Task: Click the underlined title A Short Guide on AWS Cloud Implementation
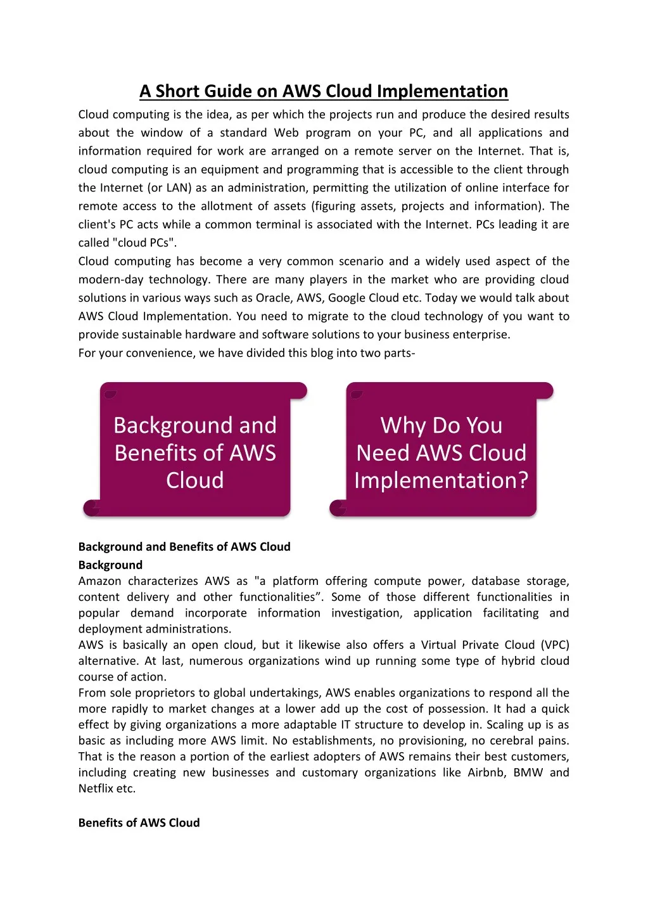pos(324,91)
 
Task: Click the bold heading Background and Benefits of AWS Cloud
pos(184,547)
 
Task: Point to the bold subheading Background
pos(110,565)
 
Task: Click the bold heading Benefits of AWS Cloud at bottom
pos(139,823)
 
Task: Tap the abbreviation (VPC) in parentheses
pos(555,645)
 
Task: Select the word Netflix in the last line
pos(96,789)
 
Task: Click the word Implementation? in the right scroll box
pos(442,481)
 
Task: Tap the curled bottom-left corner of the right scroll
pos(338,508)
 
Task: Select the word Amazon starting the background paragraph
pos(99,581)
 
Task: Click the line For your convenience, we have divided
pos(246,353)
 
